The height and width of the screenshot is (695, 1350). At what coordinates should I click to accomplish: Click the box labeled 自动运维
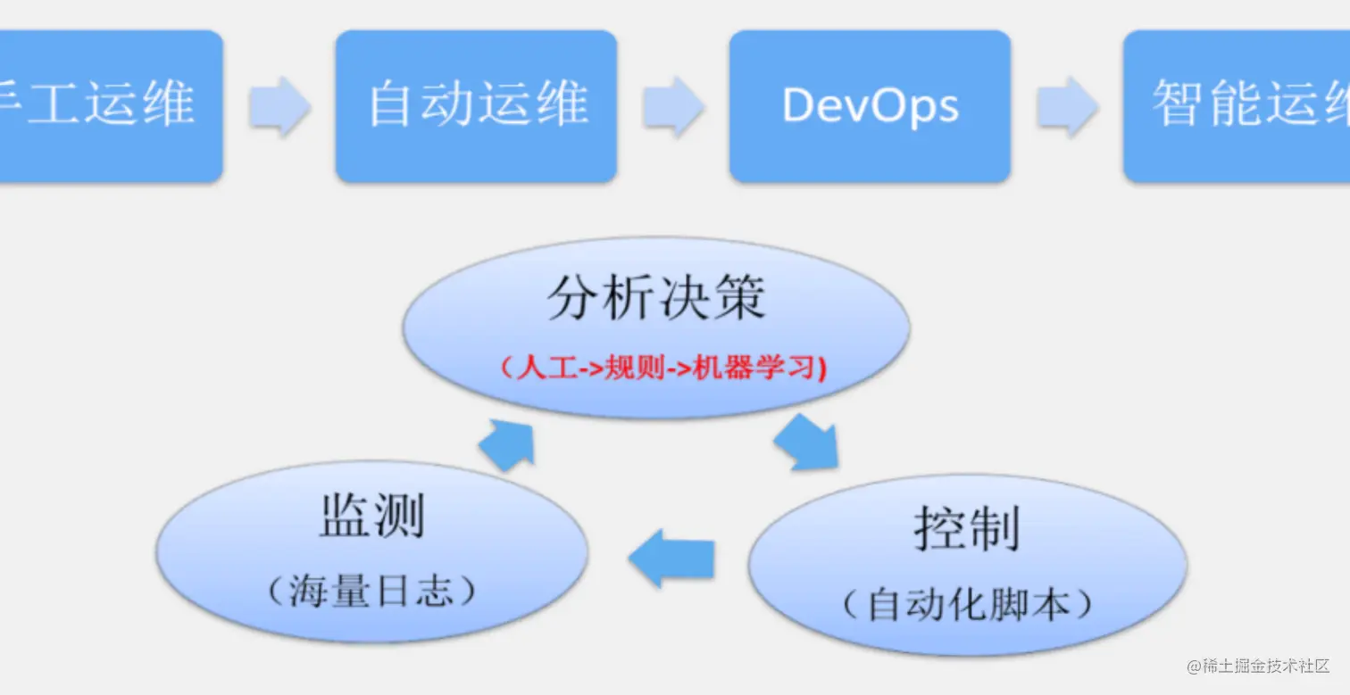tap(476, 106)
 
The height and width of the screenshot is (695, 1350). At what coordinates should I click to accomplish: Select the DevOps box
tap(870, 106)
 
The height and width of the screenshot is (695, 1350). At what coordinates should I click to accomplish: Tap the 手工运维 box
tap(107, 106)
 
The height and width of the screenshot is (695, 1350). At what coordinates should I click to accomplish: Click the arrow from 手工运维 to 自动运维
tap(279, 106)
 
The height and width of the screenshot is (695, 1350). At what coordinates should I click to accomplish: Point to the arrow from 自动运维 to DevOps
tap(673, 106)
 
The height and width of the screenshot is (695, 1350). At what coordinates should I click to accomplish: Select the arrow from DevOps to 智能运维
tap(1067, 106)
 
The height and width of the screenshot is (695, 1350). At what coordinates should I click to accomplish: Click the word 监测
tap(372, 517)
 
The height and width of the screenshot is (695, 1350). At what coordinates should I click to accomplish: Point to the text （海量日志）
tap(371, 592)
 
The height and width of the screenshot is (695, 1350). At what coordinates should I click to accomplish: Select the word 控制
tap(967, 528)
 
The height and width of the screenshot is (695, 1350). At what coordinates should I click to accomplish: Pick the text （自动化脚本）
tap(968, 605)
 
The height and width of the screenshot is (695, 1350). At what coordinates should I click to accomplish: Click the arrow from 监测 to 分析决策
tap(507, 443)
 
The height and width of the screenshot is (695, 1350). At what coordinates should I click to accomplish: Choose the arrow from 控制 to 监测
tap(671, 558)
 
